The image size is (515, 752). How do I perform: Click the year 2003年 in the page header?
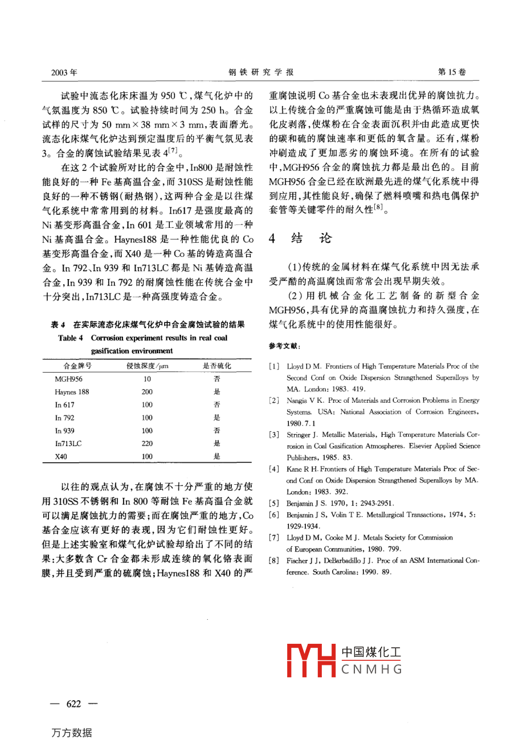click(x=64, y=72)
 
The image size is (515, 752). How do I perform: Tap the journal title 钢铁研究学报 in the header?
click(x=261, y=72)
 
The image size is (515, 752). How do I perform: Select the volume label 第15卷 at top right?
click(x=451, y=72)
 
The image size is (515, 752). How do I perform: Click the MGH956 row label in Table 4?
click(x=68, y=379)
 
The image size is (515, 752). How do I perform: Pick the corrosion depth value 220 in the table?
click(x=147, y=443)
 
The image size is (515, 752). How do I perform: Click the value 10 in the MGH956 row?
click(x=147, y=379)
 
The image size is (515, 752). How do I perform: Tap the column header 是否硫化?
click(x=217, y=366)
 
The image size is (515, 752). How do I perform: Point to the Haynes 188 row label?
click(x=72, y=392)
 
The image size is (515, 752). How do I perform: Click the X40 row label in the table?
click(x=61, y=456)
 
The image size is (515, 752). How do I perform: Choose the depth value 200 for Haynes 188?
click(x=147, y=392)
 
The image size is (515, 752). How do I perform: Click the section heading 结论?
click(x=310, y=238)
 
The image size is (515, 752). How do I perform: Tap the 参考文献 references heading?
click(x=285, y=346)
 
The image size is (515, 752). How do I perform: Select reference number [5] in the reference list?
click(x=274, y=504)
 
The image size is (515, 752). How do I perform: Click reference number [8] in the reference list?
click(x=274, y=561)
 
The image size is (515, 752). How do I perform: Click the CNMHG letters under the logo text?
click(x=371, y=669)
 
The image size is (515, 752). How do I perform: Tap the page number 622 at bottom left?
click(x=74, y=704)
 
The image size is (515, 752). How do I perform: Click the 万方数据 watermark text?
click(x=72, y=733)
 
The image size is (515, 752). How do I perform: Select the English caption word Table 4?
click(x=71, y=338)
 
